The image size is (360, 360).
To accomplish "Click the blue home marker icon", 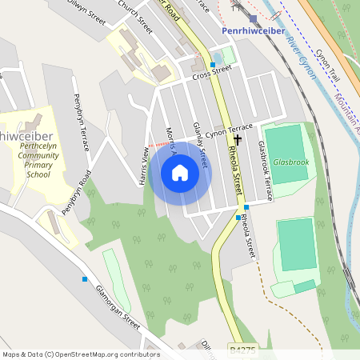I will pos(180,172).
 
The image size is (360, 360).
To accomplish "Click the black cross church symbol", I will pos(238,139).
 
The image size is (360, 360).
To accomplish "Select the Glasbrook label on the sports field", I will pos(290,162).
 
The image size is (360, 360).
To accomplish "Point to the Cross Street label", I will pos(211,72).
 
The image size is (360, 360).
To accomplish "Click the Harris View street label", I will pos(145,168).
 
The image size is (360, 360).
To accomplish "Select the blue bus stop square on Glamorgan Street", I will pos(84,279).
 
